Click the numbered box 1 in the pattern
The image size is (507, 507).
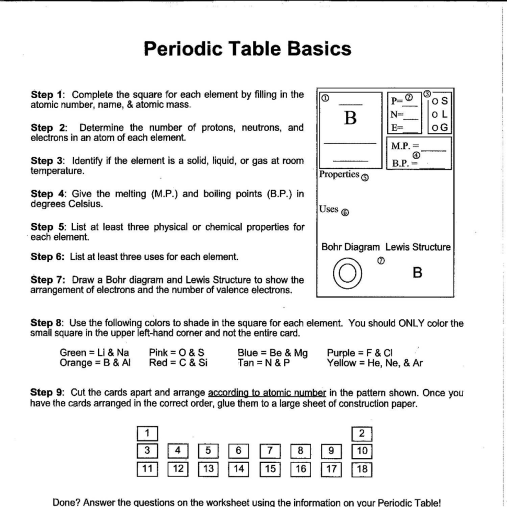pyautogui.click(x=148, y=433)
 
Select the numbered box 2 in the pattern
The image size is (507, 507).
pyautogui.click(x=363, y=433)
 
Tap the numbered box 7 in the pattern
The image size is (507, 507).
pyautogui.click(x=270, y=451)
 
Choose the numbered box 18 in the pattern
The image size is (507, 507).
pyautogui.click(x=363, y=468)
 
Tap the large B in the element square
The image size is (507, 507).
pyautogui.click(x=349, y=119)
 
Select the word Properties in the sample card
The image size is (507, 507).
pyautogui.click(x=339, y=174)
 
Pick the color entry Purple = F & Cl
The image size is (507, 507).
pyautogui.click(x=360, y=353)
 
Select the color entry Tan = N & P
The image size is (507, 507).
pyautogui.click(x=263, y=362)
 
